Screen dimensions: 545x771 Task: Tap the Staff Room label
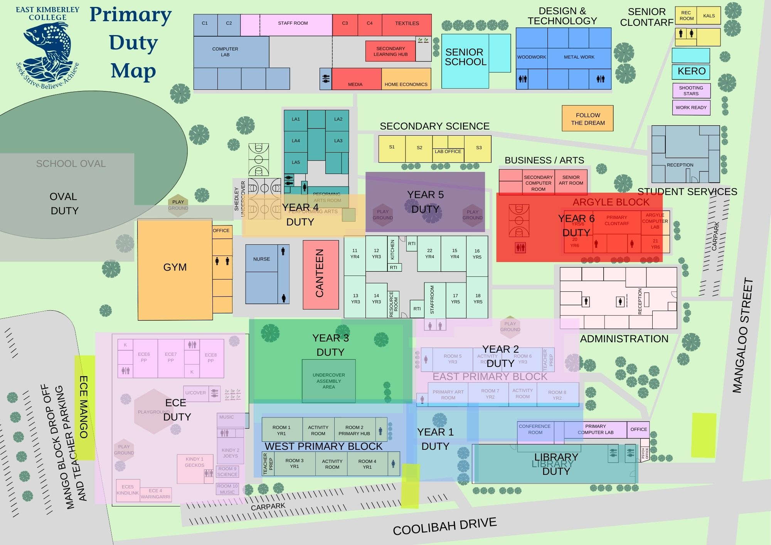tap(293, 23)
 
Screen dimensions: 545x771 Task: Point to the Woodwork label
tap(532, 57)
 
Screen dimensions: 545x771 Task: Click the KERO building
tap(691, 71)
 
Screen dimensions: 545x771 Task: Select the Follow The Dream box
tap(588, 119)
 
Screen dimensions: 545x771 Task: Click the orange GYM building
tap(175, 268)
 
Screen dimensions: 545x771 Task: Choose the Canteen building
tap(320, 274)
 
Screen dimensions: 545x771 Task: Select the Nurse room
tap(261, 259)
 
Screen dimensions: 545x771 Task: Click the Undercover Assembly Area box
tap(328, 381)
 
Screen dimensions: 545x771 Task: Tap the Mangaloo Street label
tap(743, 335)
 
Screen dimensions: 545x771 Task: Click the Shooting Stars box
tap(691, 91)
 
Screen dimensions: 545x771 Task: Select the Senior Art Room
tap(571, 180)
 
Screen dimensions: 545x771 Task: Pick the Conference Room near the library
tap(535, 429)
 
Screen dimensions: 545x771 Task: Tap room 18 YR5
tap(478, 299)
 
